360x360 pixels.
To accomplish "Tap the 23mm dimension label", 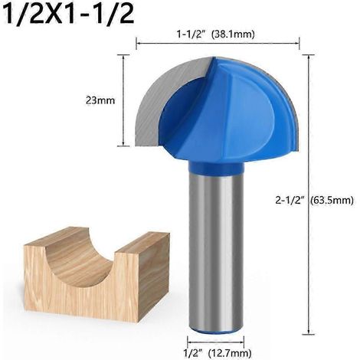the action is (100, 100).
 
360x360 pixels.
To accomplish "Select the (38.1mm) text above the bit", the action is (234, 34).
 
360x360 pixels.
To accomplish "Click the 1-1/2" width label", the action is (192, 34).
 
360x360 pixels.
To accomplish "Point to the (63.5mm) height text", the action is (332, 201).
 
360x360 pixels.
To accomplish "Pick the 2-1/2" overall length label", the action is (290, 200).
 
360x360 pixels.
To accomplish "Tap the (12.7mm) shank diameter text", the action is (230, 353).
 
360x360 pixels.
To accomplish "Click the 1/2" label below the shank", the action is (193, 353).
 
